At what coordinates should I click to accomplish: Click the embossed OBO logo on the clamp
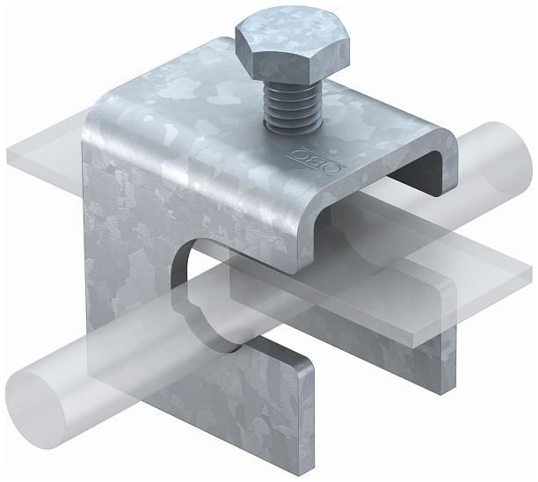click(x=317, y=161)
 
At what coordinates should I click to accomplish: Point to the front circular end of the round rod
click(x=35, y=410)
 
